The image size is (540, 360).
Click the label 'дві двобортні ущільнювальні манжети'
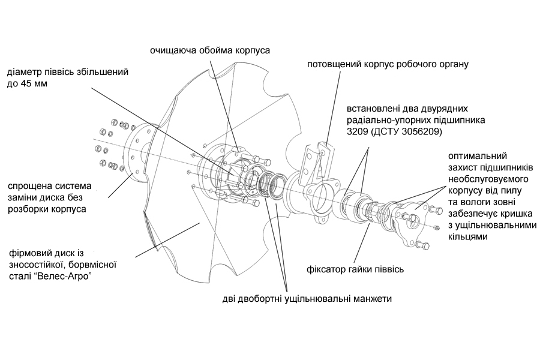[305, 298]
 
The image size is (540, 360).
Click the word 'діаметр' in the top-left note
[23, 73]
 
